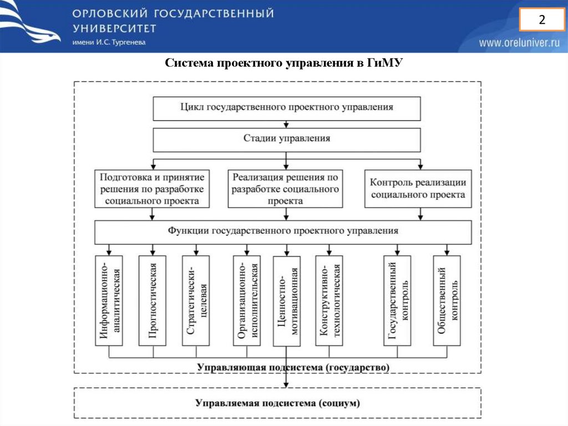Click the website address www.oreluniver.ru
pos(519,43)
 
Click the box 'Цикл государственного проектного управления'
pos(286,108)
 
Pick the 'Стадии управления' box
pos(286,139)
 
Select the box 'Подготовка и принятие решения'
pos(152,189)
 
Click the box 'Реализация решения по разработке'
pos(285,189)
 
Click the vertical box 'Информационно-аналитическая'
pos(109,300)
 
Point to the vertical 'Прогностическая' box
pos(153,300)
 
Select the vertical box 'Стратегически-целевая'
pos(196,300)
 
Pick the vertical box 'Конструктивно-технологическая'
pos(329,300)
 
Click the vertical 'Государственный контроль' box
pos(398,300)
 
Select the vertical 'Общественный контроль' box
pos(447,300)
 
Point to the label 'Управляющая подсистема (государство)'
pos(293,367)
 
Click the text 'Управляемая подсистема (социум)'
pos(277,403)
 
